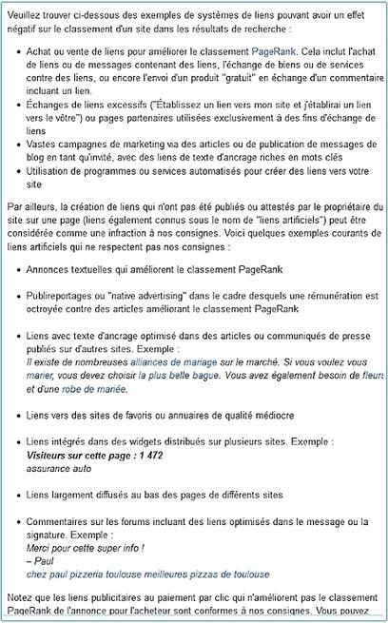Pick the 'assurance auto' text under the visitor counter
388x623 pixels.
pyautogui.click(x=59, y=470)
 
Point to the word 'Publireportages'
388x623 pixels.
pyautogui.click(x=68, y=296)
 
